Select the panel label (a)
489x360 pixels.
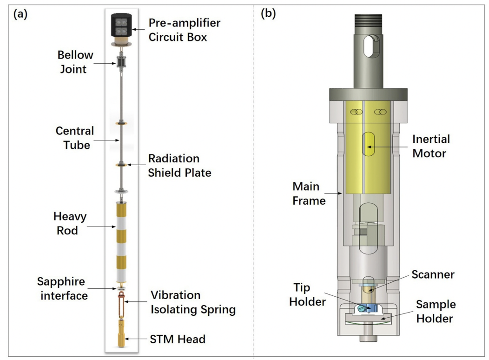click(x=21, y=14)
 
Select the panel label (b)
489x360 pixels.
click(x=268, y=14)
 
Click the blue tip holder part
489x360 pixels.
click(x=367, y=308)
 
